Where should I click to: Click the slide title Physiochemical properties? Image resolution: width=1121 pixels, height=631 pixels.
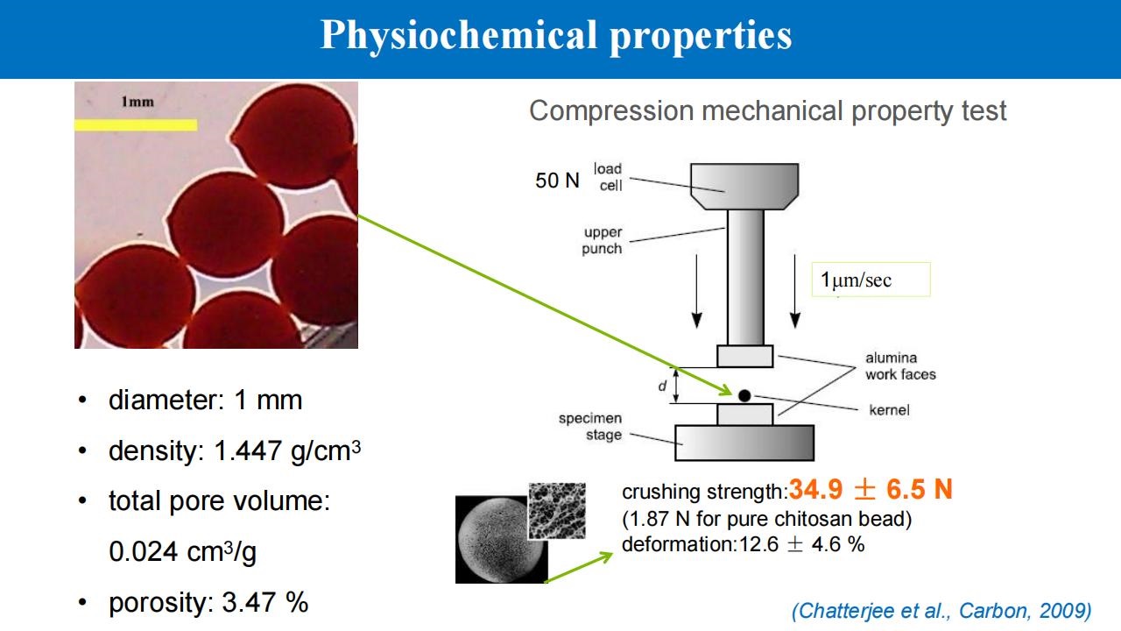pos(556,35)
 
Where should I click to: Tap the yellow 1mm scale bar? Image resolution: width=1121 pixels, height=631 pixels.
pos(136,124)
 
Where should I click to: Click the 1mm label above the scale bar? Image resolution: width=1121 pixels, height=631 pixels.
pos(137,102)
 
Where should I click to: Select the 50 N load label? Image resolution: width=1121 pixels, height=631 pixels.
pos(557,181)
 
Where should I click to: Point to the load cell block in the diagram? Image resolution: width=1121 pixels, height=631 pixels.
pos(744,187)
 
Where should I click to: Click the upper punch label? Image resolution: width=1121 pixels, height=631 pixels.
pos(602,240)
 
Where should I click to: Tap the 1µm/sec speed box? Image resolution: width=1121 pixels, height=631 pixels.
pos(871,280)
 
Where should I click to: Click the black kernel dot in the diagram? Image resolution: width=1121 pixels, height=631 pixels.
pos(744,395)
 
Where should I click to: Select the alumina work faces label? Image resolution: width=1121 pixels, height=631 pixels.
pos(900,366)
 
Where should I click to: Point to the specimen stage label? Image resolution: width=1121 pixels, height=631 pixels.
pos(590,426)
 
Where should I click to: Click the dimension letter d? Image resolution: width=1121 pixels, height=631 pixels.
pos(662,386)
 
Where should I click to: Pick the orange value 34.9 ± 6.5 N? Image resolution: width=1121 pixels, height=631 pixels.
pos(871,489)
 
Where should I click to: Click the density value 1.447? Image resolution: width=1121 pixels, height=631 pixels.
pos(247,450)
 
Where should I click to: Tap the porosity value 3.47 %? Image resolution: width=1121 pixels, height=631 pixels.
pos(264,602)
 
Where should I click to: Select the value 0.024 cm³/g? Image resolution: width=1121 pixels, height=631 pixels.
pos(183,552)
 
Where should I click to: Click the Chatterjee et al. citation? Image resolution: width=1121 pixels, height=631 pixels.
pos(941,611)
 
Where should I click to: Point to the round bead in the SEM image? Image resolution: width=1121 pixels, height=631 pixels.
pos(501,540)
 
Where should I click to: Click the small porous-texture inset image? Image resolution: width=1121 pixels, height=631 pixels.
pos(557,511)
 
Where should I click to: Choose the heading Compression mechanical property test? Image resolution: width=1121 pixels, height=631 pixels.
pos(768,111)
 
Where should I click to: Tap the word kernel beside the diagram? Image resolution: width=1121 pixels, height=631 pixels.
pos(889,410)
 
